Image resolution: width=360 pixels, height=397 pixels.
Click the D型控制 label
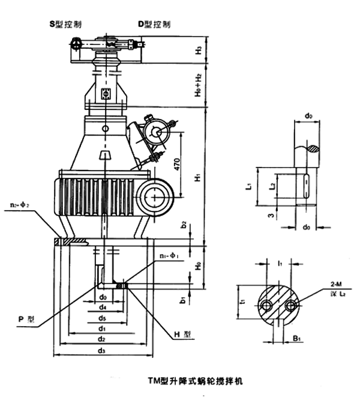(154, 25)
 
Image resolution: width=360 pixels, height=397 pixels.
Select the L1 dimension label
(248, 187)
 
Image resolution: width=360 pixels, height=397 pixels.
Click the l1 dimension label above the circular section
(280, 262)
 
